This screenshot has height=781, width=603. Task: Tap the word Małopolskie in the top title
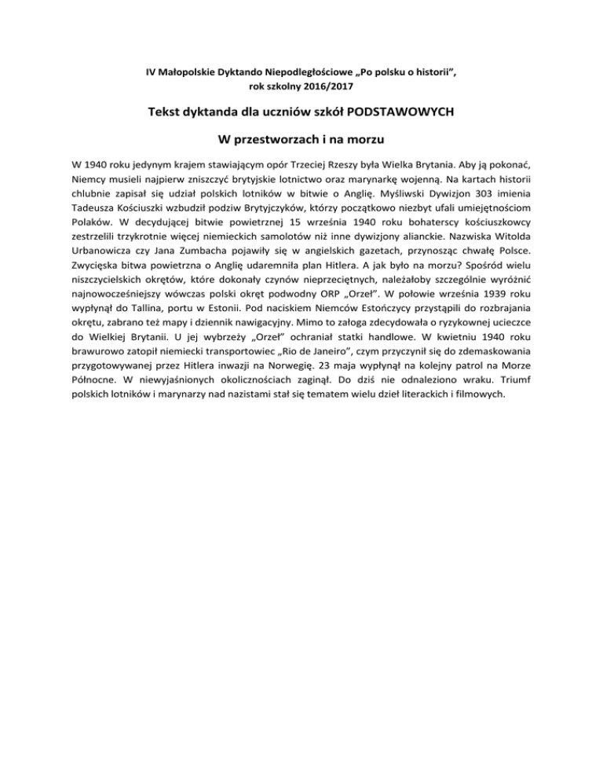185,72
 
